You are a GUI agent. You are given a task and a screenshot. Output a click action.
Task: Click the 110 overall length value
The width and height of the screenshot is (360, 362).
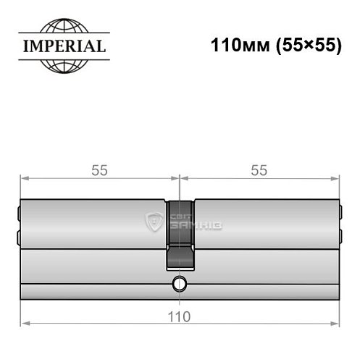(180, 316)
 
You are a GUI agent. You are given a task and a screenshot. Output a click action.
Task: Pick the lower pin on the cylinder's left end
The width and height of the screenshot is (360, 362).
(19, 235)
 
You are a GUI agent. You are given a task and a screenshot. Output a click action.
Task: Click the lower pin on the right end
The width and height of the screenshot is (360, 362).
(340, 235)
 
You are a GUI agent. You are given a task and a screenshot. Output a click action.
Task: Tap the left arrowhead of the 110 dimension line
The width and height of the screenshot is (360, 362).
(25, 322)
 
